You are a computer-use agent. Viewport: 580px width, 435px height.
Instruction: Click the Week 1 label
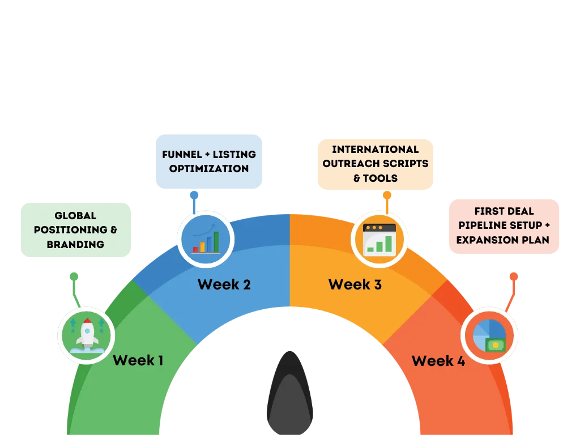pyautogui.click(x=138, y=360)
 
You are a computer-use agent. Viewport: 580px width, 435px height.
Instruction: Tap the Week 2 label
pyautogui.click(x=224, y=284)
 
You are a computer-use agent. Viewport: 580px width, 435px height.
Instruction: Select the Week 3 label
pyautogui.click(x=355, y=284)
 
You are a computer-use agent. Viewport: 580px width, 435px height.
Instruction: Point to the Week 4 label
pyautogui.click(x=438, y=361)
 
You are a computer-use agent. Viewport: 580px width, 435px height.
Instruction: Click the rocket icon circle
pyautogui.click(x=86, y=336)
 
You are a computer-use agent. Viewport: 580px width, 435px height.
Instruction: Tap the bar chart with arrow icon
pyautogui.click(x=205, y=238)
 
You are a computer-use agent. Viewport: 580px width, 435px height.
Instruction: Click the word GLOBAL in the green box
pyautogui.click(x=75, y=216)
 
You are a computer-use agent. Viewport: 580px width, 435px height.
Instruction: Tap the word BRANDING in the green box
pyautogui.click(x=75, y=245)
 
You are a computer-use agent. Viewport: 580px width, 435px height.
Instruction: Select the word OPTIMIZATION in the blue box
pyautogui.click(x=208, y=169)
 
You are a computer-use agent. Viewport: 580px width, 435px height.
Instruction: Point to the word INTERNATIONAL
pyautogui.click(x=375, y=150)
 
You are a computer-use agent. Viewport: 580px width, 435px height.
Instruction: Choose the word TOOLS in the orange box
pyautogui.click(x=381, y=178)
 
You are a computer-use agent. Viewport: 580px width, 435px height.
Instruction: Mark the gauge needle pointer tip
pyautogui.click(x=289, y=354)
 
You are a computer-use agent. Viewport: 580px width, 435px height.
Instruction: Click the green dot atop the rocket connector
pyautogui.click(x=74, y=277)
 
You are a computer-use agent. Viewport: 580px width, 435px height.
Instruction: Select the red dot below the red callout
pyautogui.click(x=513, y=276)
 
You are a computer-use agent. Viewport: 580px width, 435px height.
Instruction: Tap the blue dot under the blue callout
pyautogui.click(x=194, y=196)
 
